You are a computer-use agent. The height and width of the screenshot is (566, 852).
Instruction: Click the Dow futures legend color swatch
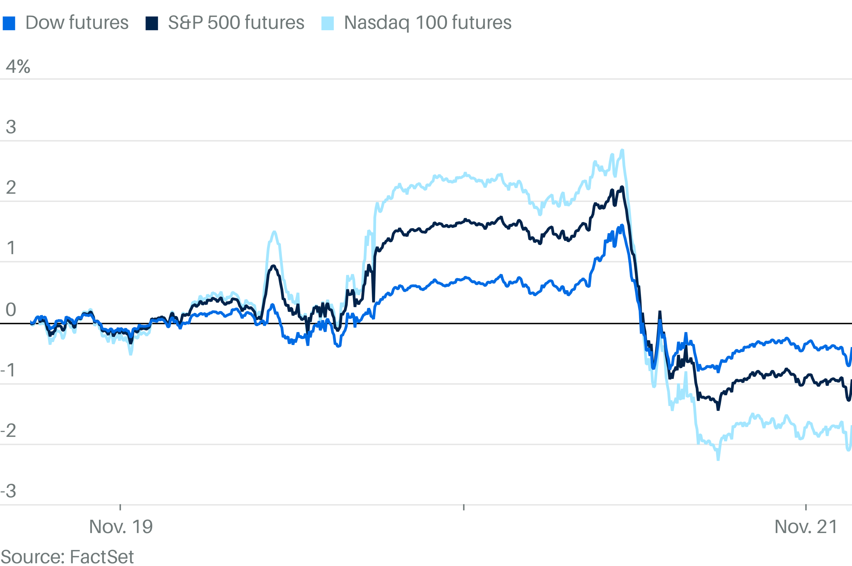(x=9, y=23)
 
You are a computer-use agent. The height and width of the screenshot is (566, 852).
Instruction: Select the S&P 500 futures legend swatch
(x=152, y=23)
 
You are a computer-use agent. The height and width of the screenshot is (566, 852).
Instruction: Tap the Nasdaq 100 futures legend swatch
(x=327, y=23)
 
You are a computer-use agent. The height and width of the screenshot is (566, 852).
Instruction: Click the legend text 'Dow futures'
(x=77, y=22)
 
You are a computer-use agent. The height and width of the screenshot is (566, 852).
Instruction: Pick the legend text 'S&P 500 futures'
(x=236, y=22)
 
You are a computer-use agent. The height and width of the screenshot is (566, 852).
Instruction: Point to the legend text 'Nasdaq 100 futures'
(x=427, y=22)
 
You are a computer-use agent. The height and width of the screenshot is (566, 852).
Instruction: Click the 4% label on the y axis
(x=18, y=67)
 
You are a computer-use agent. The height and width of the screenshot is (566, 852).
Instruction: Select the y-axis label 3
(x=11, y=127)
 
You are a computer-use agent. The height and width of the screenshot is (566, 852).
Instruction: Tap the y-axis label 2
(x=11, y=188)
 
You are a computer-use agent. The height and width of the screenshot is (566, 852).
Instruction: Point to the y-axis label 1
(x=11, y=248)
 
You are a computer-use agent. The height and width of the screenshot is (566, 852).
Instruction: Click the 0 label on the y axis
(x=11, y=309)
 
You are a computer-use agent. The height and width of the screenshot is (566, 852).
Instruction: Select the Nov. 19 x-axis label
(x=120, y=527)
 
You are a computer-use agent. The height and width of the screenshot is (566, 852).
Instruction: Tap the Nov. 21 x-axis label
(x=806, y=527)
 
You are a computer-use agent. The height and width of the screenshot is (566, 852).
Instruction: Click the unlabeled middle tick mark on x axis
(x=464, y=507)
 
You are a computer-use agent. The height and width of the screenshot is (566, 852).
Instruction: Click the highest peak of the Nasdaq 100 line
(x=622, y=150)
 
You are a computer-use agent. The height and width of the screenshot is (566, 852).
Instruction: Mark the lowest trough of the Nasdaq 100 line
(x=718, y=460)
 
